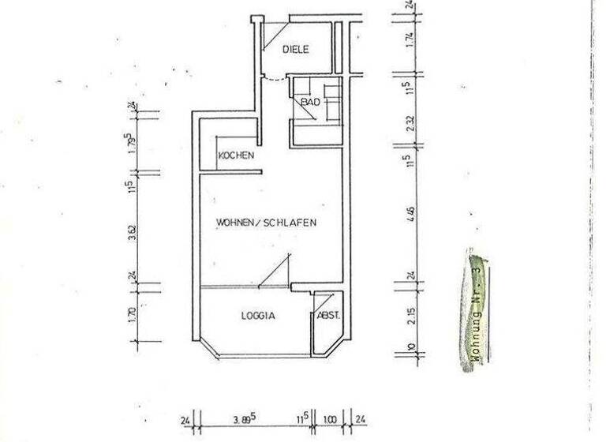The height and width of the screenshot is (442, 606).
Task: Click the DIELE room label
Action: [296, 50]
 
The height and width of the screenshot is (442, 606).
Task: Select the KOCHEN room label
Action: [236, 155]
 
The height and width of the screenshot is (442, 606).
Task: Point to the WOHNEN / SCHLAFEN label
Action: [267, 223]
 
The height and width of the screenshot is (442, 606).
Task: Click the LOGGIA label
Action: [257, 315]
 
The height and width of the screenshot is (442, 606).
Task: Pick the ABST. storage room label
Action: [327, 316]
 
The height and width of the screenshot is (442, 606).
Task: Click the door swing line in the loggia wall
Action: [275, 270]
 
